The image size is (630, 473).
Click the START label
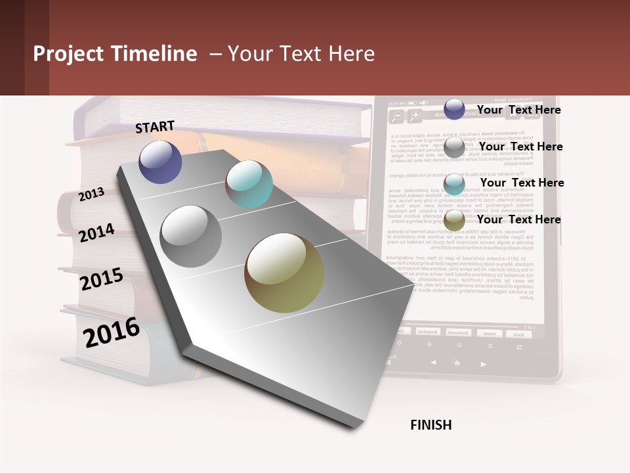coord(155,127)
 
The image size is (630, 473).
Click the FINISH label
coord(431,425)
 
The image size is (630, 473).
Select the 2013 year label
coord(92,194)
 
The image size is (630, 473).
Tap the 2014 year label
coord(97,233)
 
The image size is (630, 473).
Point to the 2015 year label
coord(102,279)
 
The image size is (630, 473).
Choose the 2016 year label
coord(112,332)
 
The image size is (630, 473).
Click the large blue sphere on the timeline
coord(161,162)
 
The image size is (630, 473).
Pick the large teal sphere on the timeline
coord(249,184)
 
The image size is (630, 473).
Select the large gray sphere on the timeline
coord(191,236)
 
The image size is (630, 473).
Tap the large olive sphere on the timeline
coord(284,273)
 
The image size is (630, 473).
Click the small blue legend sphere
coord(454,109)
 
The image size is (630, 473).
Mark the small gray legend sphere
coord(454,147)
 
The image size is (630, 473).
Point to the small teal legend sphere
coord(454,184)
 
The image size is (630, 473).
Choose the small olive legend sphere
coord(454,221)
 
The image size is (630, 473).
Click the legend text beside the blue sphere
coord(518,110)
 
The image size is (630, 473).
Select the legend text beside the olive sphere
coord(518,219)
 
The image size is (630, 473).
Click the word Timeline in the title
coord(150,54)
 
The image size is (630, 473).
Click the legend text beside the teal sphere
coord(522,183)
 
